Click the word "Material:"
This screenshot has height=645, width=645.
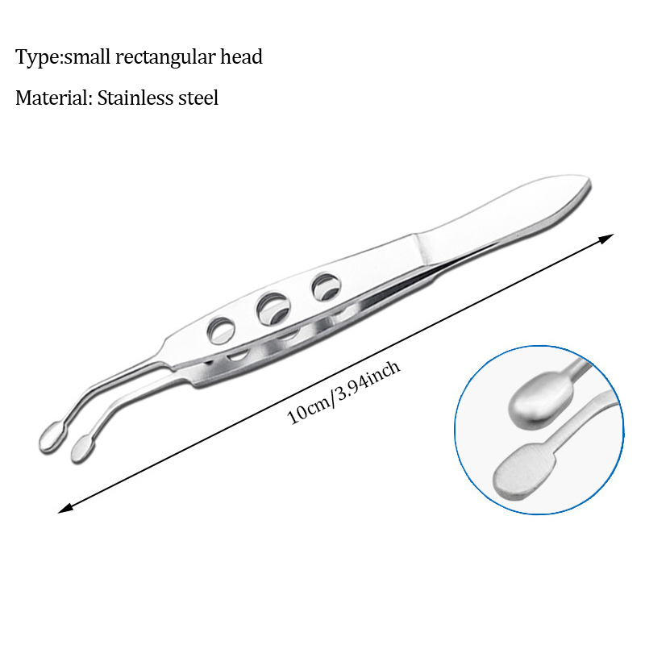(52, 99)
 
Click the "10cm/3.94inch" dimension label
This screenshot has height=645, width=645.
(344, 393)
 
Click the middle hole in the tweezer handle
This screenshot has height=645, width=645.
(272, 306)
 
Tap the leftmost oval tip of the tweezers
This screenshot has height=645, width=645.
(50, 436)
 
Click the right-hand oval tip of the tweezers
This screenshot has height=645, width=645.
(81, 447)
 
